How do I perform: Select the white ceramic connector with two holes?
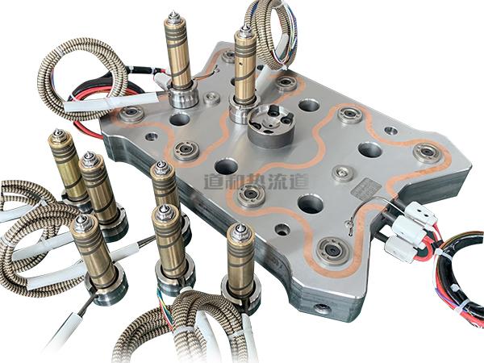[x=421, y=211]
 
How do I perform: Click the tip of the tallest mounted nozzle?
[x=174, y=13]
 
